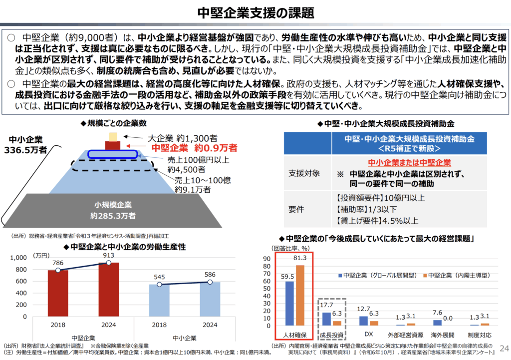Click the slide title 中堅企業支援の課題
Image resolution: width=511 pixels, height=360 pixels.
click(255, 12)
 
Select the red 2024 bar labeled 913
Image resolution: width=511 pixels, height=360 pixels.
click(108, 290)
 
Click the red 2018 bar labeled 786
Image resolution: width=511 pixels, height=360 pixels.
click(58, 293)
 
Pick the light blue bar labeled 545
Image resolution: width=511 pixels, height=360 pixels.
click(159, 300)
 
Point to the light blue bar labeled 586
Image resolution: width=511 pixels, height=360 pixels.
click(210, 299)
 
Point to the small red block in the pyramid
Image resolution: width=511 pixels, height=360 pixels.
click(113, 145)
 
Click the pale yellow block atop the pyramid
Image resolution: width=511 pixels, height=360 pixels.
click(113, 136)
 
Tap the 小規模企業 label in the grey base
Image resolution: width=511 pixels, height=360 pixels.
click(113, 205)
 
